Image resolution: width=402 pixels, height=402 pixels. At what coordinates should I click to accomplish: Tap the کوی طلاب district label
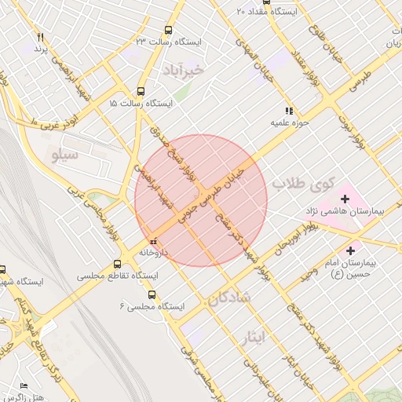pyautogui.click(x=304, y=183)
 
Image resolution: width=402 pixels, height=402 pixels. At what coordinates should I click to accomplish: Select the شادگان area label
pyautogui.click(x=229, y=298)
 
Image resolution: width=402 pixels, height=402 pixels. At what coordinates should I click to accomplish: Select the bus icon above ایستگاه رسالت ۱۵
pyautogui.click(x=141, y=90)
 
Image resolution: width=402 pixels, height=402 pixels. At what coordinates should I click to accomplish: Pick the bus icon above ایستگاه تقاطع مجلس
pyautogui.click(x=118, y=264)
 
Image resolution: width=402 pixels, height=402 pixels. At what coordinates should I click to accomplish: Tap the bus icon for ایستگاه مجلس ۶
pyautogui.click(x=152, y=295)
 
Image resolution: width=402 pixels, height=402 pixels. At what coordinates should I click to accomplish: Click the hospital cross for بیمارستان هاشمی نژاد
pyautogui.click(x=344, y=199)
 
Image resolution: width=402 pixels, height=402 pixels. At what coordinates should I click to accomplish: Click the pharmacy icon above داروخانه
pyautogui.click(x=152, y=239)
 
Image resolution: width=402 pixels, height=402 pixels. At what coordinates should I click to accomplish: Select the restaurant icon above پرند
pyautogui.click(x=40, y=38)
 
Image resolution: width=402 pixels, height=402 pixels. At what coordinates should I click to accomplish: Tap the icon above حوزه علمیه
pyautogui.click(x=290, y=111)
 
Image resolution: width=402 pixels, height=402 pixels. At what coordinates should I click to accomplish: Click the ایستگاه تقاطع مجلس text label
pyautogui.click(x=118, y=277)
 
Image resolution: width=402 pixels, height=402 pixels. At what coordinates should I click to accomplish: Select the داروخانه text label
pyautogui.click(x=155, y=253)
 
